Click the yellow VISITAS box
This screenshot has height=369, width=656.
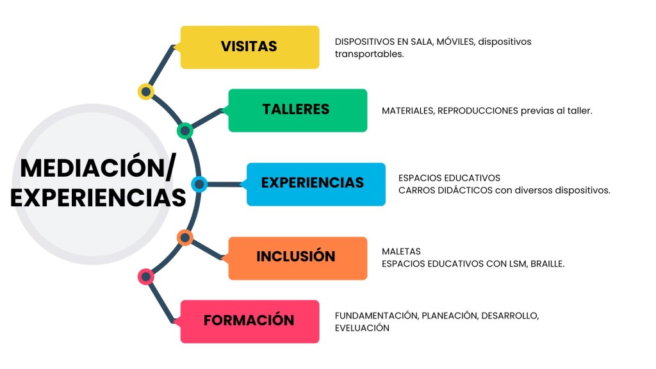pyautogui.click(x=249, y=47)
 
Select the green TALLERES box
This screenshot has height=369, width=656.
pyautogui.click(x=297, y=110)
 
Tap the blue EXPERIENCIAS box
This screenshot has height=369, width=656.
pyautogui.click(x=315, y=184)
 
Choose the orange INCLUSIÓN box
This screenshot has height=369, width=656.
pyautogui.click(x=297, y=258)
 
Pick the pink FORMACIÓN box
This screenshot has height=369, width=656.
pyautogui.click(x=249, y=321)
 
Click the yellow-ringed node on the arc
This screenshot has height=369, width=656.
pyautogui.click(x=146, y=92)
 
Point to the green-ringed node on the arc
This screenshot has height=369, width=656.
pyautogui.click(x=184, y=131)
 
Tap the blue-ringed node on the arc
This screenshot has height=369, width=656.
pyautogui.click(x=199, y=184)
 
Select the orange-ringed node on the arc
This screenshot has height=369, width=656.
pyautogui.click(x=184, y=238)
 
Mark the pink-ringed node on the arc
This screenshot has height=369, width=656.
pyautogui.click(x=146, y=277)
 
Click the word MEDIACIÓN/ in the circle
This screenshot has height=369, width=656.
pyautogui.click(x=97, y=168)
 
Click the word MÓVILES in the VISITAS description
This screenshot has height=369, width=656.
pyautogui.click(x=456, y=42)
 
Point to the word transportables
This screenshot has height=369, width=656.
pyautogui.click(x=369, y=54)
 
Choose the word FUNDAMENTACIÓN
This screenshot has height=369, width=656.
pyautogui.click(x=377, y=315)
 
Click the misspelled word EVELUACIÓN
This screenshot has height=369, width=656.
pyautogui.click(x=362, y=327)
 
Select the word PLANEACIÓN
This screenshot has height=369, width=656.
pyautogui.click(x=449, y=315)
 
